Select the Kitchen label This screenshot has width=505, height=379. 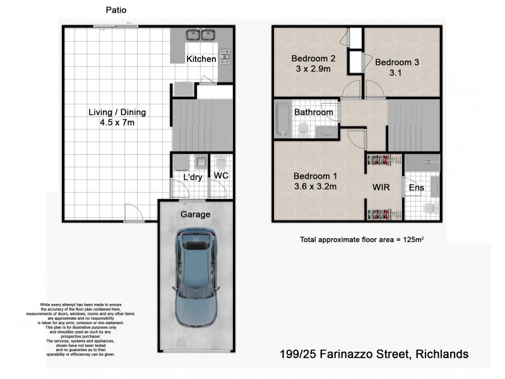[x=201, y=59]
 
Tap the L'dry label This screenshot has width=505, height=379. [x=192, y=177]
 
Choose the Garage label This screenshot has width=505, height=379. [x=195, y=214]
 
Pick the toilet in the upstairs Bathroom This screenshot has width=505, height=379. [x=304, y=129]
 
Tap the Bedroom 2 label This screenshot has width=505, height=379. [x=313, y=59]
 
